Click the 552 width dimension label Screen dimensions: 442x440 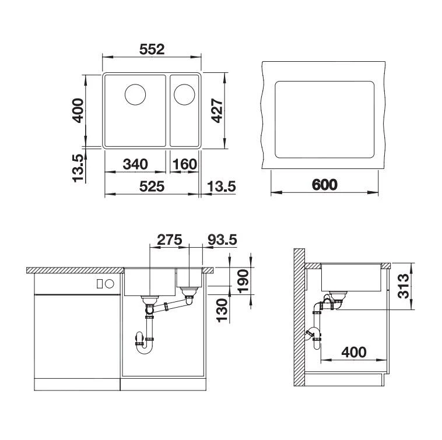coord(152,50)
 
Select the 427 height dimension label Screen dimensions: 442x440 coord(217,110)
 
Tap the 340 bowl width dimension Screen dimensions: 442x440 coord(135,164)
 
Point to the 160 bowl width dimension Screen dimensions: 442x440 coord(185,164)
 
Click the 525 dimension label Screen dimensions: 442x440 coord(152,186)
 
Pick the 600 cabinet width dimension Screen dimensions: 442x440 coord(324,185)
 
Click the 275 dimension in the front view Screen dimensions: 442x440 coord(170,240)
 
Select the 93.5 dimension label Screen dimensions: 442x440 coord(222,240)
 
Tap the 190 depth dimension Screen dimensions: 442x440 coord(243,281)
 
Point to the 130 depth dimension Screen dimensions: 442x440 coord(222,310)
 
